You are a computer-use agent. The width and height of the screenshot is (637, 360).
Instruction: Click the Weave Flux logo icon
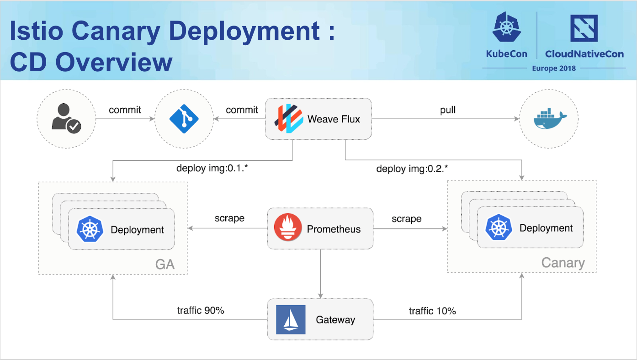tap(289, 119)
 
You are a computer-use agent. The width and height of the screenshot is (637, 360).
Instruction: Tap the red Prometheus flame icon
tap(288, 229)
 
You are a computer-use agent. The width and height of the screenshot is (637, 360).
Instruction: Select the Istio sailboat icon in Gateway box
tap(291, 319)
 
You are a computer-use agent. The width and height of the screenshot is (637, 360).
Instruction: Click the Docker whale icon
tap(549, 120)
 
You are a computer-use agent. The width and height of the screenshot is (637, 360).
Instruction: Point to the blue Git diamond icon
tap(184, 118)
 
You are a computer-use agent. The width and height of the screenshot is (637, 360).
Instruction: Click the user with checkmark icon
tap(66, 118)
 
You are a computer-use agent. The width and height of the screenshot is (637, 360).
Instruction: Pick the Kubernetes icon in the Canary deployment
tap(499, 228)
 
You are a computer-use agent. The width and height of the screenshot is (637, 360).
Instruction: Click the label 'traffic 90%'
tap(201, 311)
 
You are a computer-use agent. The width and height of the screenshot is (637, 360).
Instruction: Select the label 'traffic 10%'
tap(432, 311)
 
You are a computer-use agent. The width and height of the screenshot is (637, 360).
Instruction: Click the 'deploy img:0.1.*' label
tap(212, 168)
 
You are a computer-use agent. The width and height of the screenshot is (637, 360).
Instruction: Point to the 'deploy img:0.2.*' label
tap(412, 169)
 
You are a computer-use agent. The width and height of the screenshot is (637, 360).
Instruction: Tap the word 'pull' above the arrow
tap(448, 110)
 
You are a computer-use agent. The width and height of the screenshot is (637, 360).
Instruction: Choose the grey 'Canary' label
tap(563, 263)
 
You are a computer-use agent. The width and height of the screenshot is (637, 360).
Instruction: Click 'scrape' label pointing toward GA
tap(229, 218)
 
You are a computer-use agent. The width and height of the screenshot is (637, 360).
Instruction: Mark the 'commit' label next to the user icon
tap(125, 110)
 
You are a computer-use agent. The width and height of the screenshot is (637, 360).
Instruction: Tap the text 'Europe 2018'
tap(554, 68)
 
